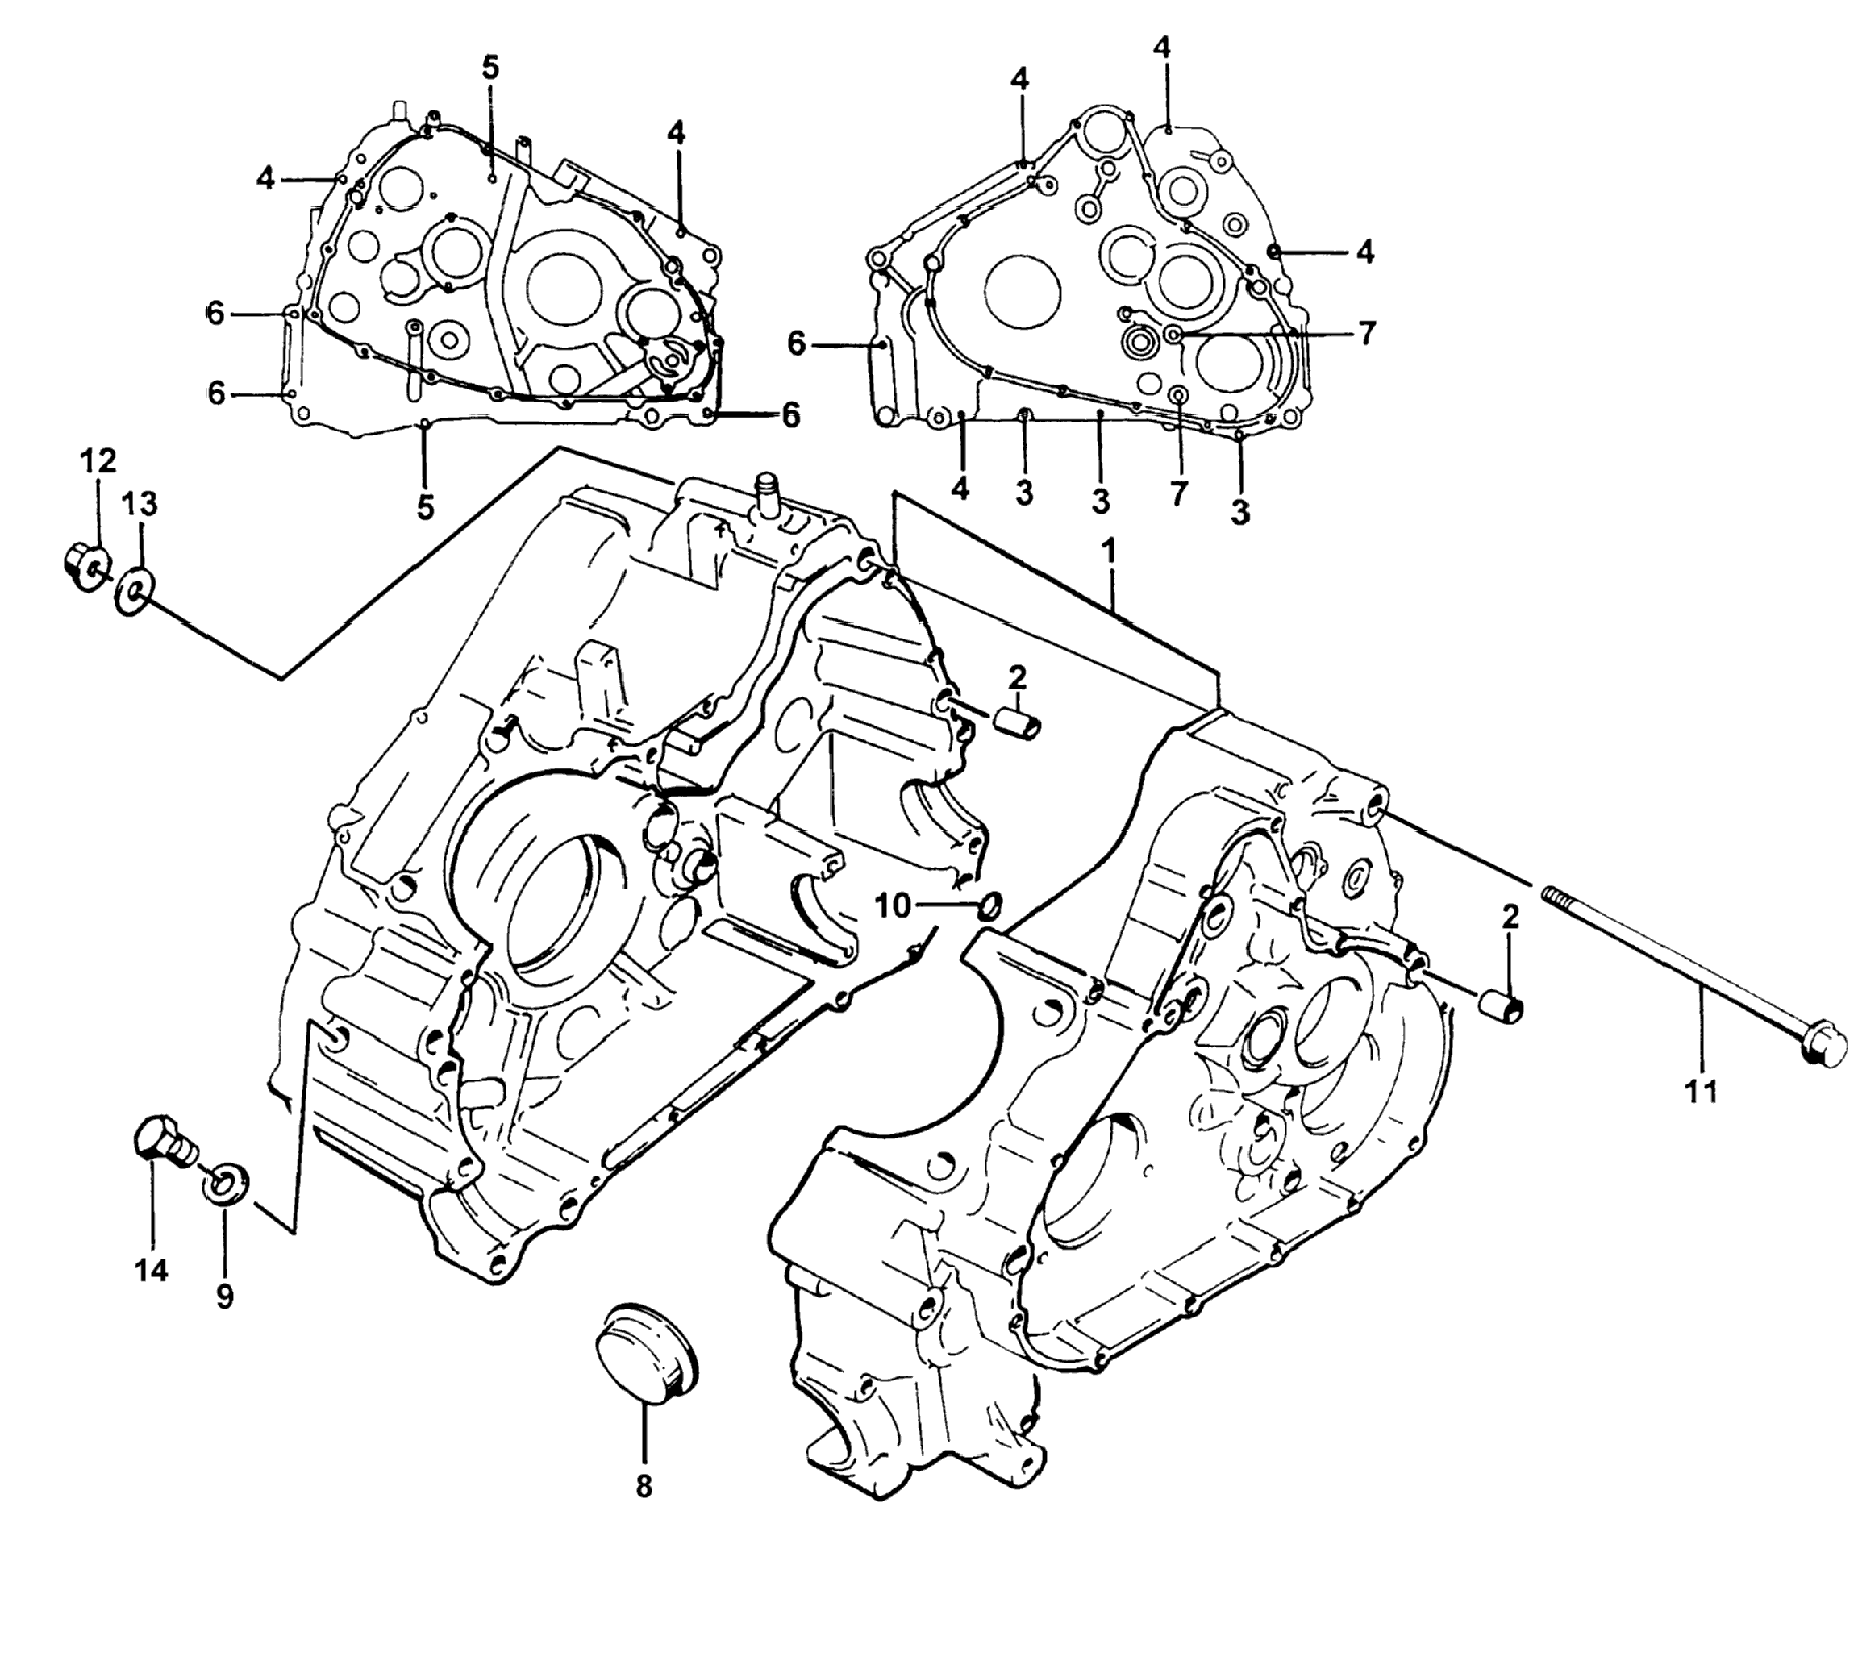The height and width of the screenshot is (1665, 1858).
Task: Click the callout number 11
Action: point(1702,1092)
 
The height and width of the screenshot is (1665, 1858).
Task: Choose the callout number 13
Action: point(141,503)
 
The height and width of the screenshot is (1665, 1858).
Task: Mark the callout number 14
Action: point(152,1270)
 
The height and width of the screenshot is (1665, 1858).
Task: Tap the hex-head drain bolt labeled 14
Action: point(163,1143)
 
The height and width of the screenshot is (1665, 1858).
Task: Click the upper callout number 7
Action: point(1367,333)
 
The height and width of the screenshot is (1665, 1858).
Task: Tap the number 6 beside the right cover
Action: point(797,345)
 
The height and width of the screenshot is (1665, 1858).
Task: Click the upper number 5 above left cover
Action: point(490,67)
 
